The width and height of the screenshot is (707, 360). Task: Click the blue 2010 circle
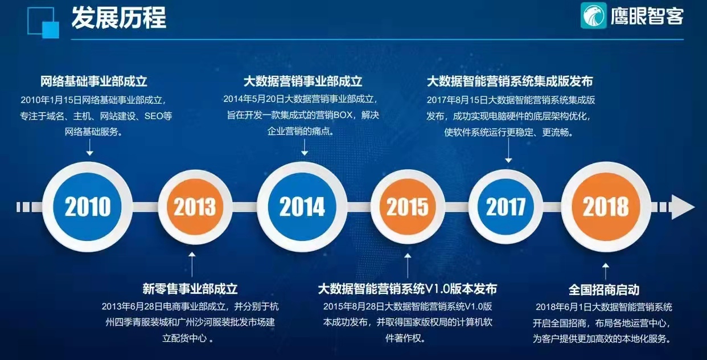click(88, 207)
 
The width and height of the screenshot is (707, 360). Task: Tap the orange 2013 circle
click(195, 207)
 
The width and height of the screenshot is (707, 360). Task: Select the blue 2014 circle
click(302, 207)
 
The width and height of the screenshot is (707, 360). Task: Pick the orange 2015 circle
click(408, 207)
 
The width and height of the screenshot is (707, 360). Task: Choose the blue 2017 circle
click(505, 207)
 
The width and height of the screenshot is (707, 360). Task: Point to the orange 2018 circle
click(606, 207)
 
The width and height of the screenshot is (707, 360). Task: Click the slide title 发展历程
click(118, 18)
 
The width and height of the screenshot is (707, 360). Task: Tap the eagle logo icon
click(593, 15)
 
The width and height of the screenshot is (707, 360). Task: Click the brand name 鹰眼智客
click(647, 16)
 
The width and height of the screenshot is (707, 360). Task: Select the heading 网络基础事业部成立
click(94, 81)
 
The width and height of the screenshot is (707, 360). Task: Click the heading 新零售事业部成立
click(190, 289)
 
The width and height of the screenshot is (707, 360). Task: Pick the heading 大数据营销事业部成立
click(303, 81)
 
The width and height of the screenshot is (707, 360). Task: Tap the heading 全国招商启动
click(604, 289)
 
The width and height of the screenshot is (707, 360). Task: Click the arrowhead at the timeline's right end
click(683, 207)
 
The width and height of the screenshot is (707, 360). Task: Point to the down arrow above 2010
click(89, 147)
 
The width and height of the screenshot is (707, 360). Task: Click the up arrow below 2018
click(605, 271)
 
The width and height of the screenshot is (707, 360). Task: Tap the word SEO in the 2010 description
click(154, 116)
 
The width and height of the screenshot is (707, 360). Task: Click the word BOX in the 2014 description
click(343, 115)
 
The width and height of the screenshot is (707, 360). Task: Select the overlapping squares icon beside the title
click(43, 23)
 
